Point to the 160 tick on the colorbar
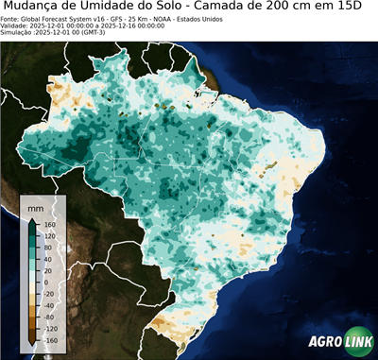coord(49,223)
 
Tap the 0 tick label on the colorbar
coord(45,282)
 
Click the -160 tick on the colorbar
coord(50,340)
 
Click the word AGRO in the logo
coord(324,343)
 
